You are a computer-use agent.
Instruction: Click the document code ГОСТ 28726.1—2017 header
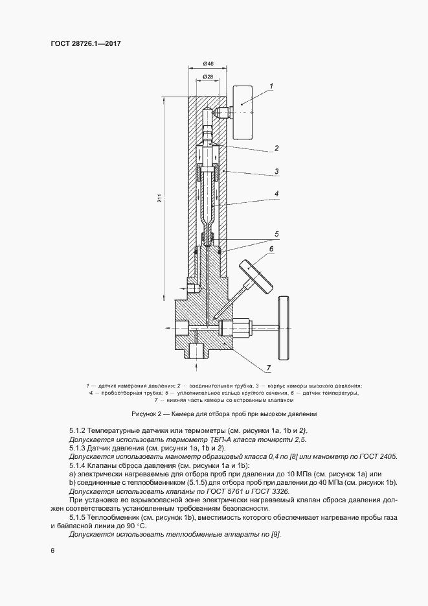(x=87, y=43)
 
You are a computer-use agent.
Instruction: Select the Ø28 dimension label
(x=208, y=77)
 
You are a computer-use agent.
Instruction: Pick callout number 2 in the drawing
(x=276, y=148)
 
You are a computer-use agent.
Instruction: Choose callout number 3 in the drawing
(x=276, y=171)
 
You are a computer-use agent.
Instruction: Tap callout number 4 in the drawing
(x=276, y=193)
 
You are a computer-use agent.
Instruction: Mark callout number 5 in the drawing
(x=276, y=233)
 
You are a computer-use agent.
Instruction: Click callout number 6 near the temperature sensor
(x=271, y=248)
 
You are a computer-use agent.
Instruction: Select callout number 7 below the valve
(x=267, y=368)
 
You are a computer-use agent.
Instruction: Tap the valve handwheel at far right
(x=282, y=324)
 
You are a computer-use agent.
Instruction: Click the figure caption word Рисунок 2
(x=147, y=414)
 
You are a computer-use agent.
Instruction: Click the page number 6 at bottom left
(x=52, y=552)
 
